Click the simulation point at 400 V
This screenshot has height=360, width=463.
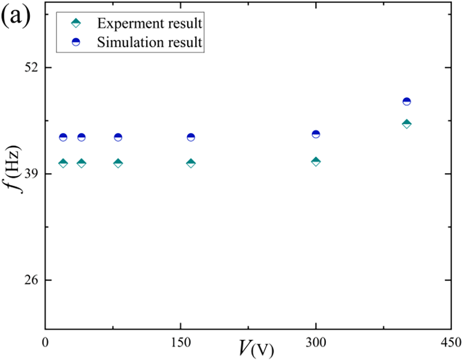coord(407,101)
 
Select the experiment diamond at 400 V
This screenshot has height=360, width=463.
coord(407,124)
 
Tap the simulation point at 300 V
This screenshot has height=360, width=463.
coord(316,134)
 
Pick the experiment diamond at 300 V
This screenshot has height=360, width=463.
coord(316,162)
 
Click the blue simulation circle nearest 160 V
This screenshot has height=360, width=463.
coord(191,137)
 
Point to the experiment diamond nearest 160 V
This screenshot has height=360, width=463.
coord(191,163)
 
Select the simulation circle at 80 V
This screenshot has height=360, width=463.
coord(118,137)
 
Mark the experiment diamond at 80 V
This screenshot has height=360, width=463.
coord(118,163)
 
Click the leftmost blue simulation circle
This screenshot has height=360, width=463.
coord(63,137)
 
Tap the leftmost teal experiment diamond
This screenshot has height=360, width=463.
coord(63,163)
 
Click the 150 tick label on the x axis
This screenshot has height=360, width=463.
coord(180,343)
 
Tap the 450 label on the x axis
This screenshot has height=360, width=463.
coord(451,343)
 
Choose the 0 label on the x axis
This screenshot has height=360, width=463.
coord(45,343)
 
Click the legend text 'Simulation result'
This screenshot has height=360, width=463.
coord(149,42)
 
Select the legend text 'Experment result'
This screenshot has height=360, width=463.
coord(149,23)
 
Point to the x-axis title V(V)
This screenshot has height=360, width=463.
coord(256,348)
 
